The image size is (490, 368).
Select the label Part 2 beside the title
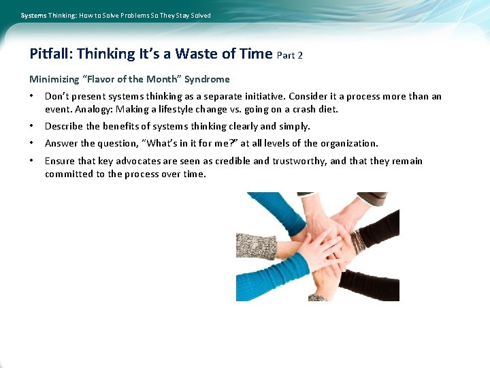(290, 55)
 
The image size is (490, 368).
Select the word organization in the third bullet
(349, 143)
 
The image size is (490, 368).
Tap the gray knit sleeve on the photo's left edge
(255, 246)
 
